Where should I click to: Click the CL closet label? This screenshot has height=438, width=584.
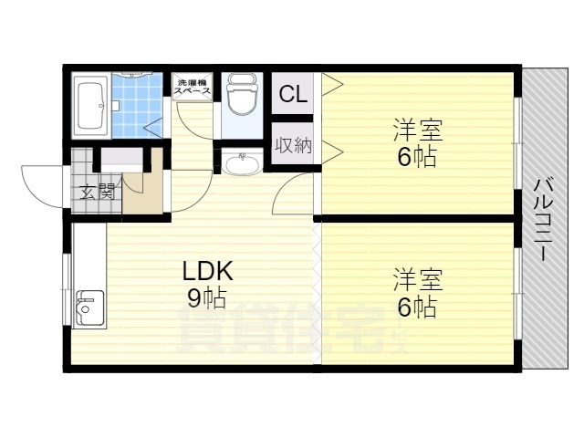292,93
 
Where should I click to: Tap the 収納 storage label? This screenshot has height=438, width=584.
292,144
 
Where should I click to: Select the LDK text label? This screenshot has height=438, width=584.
208,271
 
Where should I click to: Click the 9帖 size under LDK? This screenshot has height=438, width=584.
208,297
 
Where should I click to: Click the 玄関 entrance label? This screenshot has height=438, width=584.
96,192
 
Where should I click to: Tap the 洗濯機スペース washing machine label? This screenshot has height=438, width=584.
193,88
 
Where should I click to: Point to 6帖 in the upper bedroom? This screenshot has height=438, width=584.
416,157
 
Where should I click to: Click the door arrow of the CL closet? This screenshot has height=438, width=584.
329,87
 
